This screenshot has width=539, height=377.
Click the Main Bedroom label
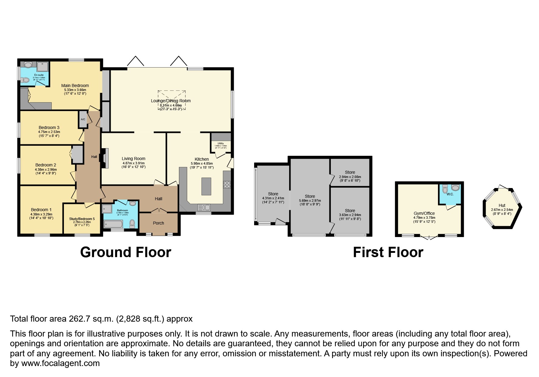(75, 86)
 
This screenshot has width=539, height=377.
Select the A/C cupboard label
(83, 119)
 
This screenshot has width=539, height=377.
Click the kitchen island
(206, 186)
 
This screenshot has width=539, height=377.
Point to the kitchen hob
(227, 184)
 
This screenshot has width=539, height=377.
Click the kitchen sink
(204, 208)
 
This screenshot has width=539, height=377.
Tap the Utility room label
(221, 143)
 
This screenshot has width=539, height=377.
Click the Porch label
(158, 223)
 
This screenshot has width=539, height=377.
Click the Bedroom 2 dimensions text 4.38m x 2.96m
(46, 169)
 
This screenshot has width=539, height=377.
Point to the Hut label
(502, 205)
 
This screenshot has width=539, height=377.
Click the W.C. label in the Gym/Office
(450, 194)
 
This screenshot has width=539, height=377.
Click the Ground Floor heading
(125, 252)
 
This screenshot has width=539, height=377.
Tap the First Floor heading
(388, 252)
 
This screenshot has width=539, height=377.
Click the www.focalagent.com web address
(60, 363)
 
